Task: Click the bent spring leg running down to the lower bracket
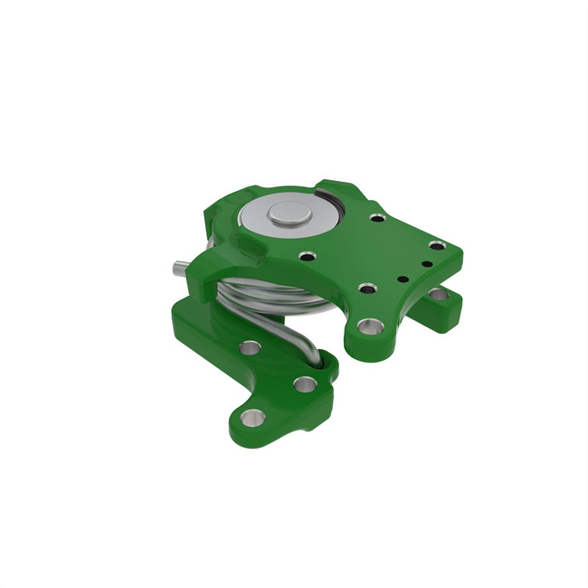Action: pos(299,340)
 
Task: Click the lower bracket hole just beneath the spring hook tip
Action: pos(306,384)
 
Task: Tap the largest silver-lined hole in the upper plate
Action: pos(370,325)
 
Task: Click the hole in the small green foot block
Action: pos(439,293)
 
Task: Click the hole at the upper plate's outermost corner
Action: pos(437,245)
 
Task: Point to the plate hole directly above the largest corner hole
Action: pos(367,289)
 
